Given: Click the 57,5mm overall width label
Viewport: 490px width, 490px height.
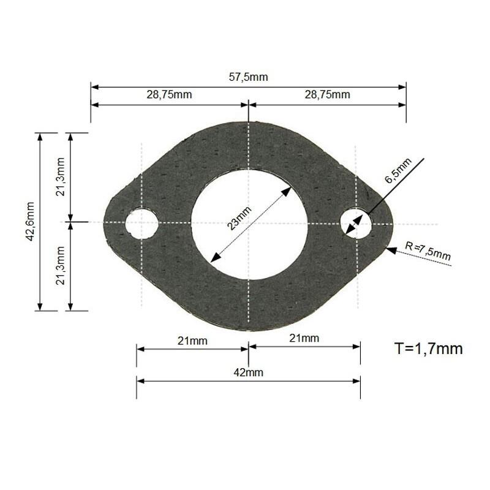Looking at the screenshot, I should pos(249,77).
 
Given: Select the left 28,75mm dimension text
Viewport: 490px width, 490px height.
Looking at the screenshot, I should pos(169,94).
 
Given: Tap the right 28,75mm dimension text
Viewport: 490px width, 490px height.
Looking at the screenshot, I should pos(327,94).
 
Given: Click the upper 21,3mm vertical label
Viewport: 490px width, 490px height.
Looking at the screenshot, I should pos(60,176).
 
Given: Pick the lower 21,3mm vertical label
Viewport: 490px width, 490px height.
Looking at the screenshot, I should pos(60,266).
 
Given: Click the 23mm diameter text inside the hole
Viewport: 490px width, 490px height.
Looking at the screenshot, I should pos(239,217).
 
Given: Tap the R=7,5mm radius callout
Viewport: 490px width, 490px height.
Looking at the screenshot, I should pos(428,251).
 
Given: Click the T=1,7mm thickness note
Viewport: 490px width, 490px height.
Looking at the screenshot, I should pos(428,349).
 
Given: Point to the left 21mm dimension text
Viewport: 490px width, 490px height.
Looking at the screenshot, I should pos(192,341).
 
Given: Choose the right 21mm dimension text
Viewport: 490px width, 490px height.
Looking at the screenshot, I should pos(304,338).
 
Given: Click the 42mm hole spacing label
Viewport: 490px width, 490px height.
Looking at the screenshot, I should pos(249,372).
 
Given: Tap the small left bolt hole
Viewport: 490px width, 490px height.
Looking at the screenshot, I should pos(141,224).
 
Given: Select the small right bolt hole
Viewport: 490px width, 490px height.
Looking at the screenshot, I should pos(356,224).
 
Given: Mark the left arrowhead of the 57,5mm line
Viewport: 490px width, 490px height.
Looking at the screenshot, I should pos(94,87).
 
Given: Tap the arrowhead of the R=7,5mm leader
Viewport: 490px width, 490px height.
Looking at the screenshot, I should pos(390,249).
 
